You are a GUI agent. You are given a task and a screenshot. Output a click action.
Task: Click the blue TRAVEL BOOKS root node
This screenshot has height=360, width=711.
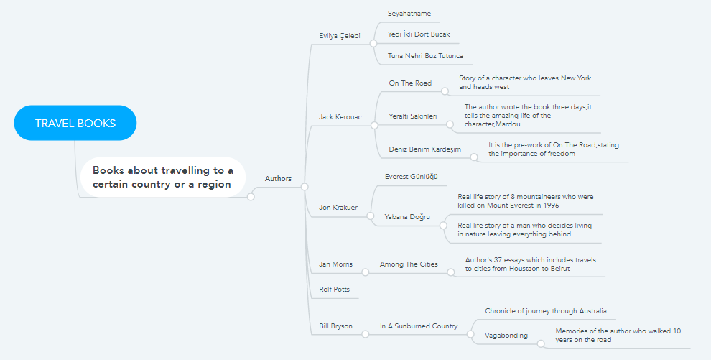[75, 123]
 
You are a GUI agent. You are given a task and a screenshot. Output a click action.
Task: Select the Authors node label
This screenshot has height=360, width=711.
[278, 178]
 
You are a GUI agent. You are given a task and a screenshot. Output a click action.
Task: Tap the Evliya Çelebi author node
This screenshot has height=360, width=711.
[339, 36]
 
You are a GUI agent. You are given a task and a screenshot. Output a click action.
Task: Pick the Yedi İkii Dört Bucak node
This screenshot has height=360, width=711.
[419, 34]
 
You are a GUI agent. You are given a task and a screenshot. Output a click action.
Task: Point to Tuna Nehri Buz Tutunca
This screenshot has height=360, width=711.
[425, 55]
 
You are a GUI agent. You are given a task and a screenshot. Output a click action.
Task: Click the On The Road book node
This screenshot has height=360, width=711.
[410, 83]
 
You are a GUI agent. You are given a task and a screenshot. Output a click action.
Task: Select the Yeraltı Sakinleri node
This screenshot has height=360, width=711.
[412, 116]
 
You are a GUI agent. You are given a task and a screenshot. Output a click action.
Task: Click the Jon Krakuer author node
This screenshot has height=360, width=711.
[338, 208]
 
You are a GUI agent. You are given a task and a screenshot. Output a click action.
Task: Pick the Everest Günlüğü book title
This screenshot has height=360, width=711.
[411, 176]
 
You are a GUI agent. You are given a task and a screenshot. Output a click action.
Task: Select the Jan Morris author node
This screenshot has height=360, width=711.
[335, 264]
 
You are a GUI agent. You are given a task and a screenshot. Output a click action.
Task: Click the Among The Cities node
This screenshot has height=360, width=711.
[408, 264]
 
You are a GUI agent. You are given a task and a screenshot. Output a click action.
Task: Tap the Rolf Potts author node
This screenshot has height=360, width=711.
[334, 290]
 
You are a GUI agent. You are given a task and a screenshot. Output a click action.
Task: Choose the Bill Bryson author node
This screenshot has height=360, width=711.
[335, 326]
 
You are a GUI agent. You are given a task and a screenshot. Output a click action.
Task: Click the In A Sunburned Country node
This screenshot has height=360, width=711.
[419, 326]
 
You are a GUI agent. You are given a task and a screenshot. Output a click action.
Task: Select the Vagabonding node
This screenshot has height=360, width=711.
[506, 336]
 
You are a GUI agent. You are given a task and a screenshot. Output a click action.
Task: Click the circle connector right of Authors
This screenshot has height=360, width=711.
[305, 187]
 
